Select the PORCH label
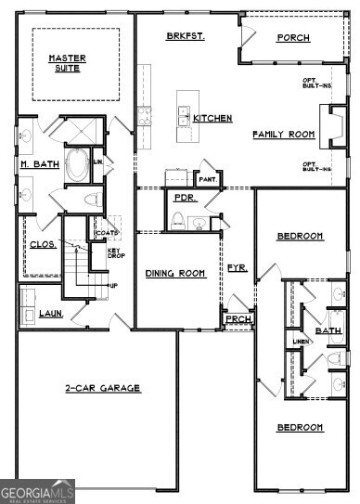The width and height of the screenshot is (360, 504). (292, 38)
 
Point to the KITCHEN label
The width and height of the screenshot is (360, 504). (212, 118)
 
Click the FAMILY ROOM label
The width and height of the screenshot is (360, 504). (284, 135)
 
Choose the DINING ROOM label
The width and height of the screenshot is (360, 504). (174, 273)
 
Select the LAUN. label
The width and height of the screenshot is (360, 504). (51, 314)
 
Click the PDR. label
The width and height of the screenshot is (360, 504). (182, 198)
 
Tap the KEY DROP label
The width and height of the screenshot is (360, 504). (114, 254)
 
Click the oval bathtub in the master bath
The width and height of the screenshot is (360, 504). (77, 164)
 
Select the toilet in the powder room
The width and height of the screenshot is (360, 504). (176, 219)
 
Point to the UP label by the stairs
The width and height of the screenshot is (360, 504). (113, 285)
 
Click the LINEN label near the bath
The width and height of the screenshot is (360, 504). (301, 342)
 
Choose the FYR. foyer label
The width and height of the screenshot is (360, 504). (237, 267)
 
